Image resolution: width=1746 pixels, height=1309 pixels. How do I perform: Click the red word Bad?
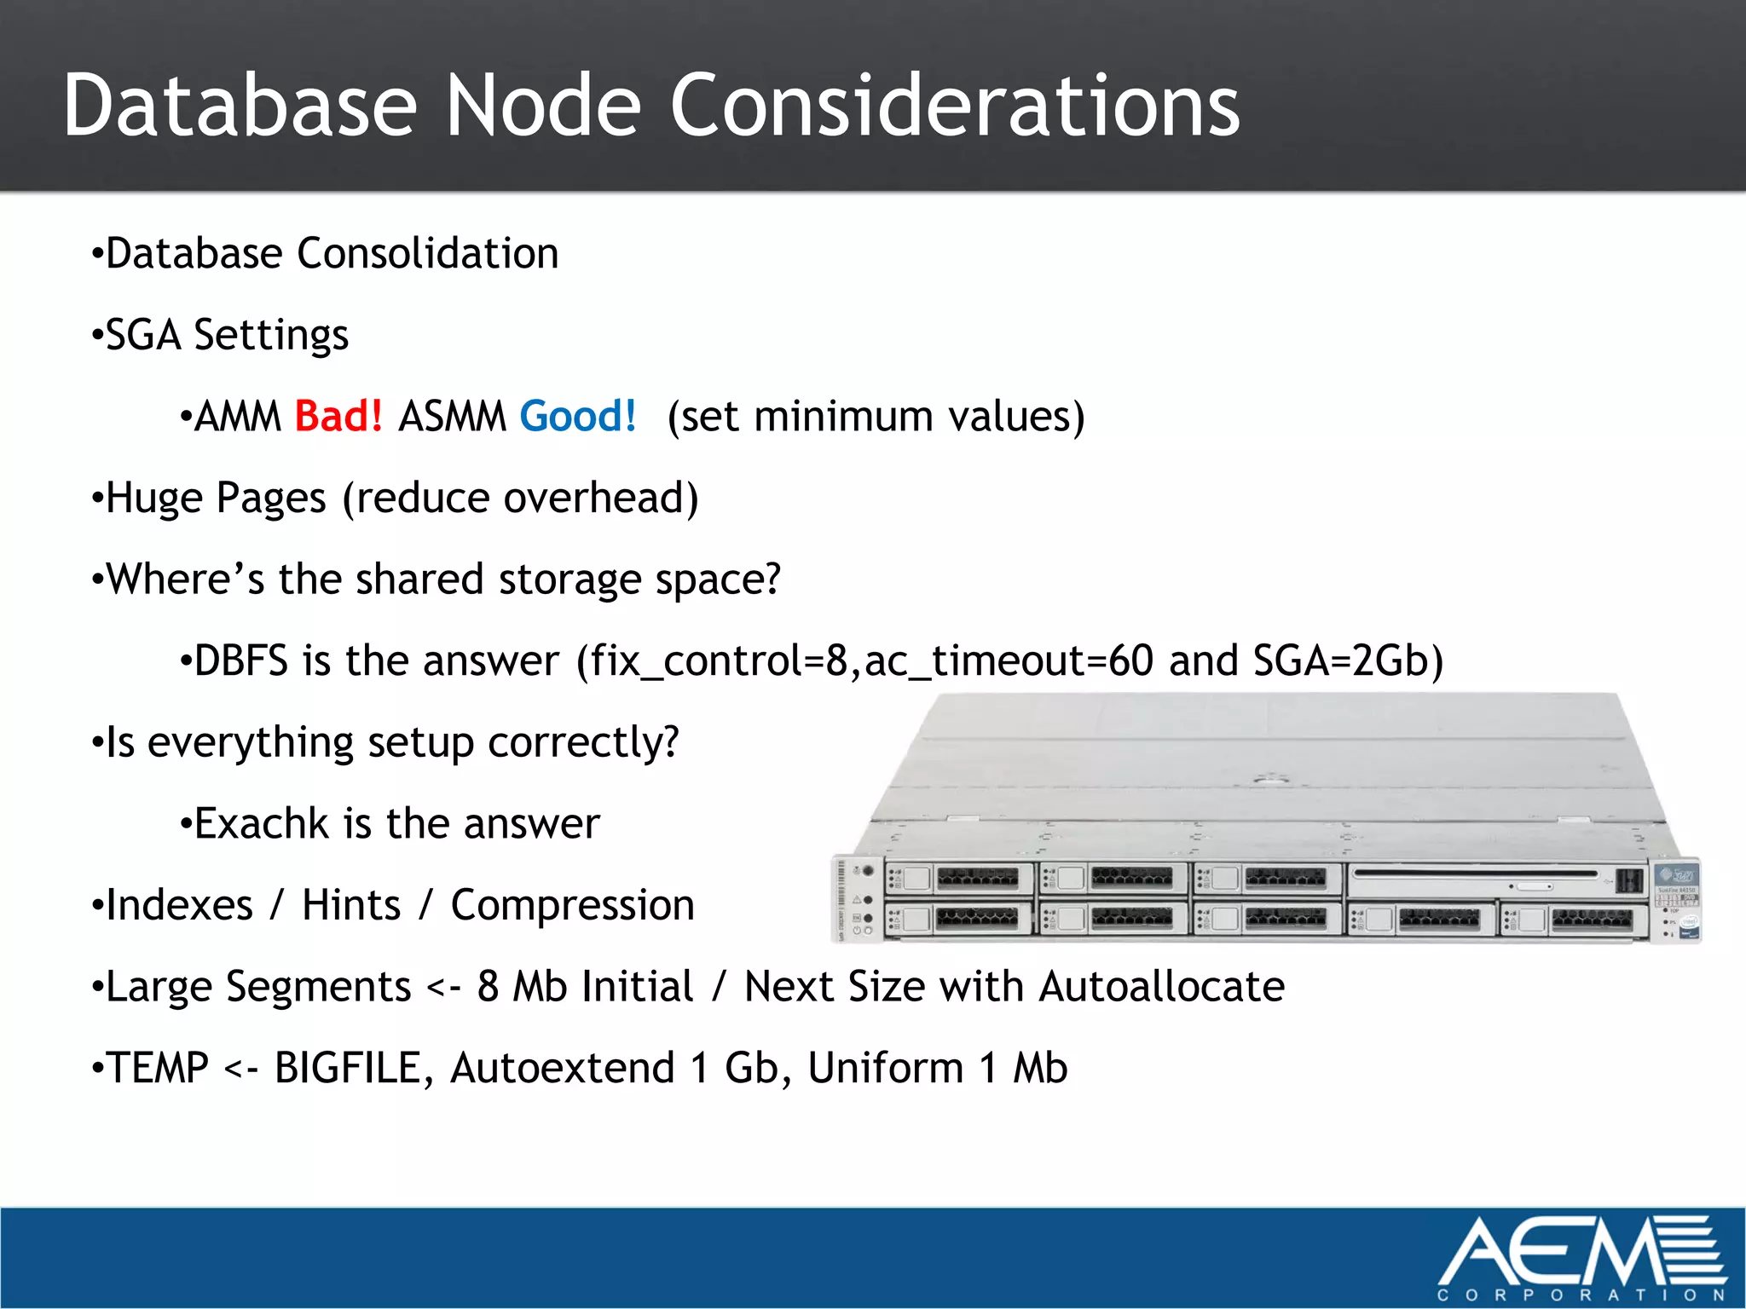[x=338, y=417]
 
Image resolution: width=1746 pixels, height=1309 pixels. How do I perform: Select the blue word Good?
[x=578, y=417]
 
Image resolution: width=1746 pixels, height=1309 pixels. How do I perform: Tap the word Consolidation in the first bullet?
[x=427, y=254]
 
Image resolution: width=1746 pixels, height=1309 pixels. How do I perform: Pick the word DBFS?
[x=240, y=661]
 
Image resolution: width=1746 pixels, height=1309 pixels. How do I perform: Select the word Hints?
[x=350, y=905]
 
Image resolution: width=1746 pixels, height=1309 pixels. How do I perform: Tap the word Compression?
[x=572, y=905]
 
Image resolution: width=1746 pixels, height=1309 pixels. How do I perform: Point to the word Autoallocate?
[x=1161, y=987]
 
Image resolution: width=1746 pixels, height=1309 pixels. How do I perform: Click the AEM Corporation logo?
[x=1581, y=1258]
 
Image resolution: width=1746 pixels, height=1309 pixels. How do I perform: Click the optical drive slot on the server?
[x=1475, y=874]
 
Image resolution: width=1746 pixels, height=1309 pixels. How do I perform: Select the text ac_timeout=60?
[x=1009, y=661]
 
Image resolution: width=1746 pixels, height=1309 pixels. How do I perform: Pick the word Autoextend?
[x=562, y=1069]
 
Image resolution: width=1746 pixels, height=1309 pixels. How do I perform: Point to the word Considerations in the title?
[x=954, y=106]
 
